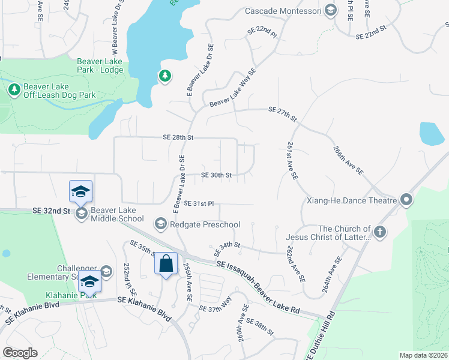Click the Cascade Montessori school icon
[330, 10]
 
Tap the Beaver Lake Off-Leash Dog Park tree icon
[14, 89]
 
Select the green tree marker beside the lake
[164, 76]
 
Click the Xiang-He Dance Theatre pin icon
[407, 200]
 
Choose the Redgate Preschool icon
[160, 224]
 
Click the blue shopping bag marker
[166, 265]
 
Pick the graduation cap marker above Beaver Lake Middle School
[80, 191]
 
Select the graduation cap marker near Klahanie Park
[89, 281]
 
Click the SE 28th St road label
[178, 137]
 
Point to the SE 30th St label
[216, 175]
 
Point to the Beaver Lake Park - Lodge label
[100, 66]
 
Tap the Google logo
[19, 353]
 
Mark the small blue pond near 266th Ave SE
[432, 134]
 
